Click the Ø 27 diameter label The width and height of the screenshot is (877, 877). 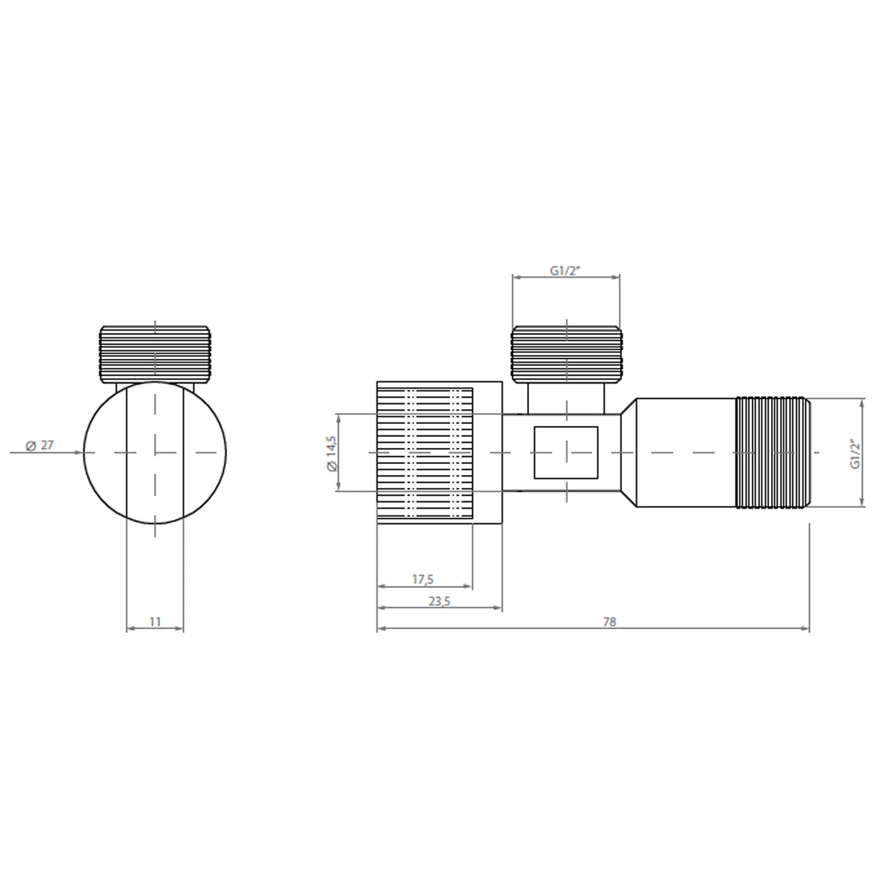[x=39, y=445]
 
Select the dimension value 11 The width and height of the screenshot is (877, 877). [x=155, y=621]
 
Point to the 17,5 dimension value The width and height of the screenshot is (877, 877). [x=423, y=579]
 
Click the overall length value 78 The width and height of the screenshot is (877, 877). [x=610, y=621]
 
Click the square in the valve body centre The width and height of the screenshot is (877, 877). [x=566, y=452]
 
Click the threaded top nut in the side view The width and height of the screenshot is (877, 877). [x=567, y=354]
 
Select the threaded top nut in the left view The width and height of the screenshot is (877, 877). [x=155, y=354]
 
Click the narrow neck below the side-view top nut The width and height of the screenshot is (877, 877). [x=567, y=398]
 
